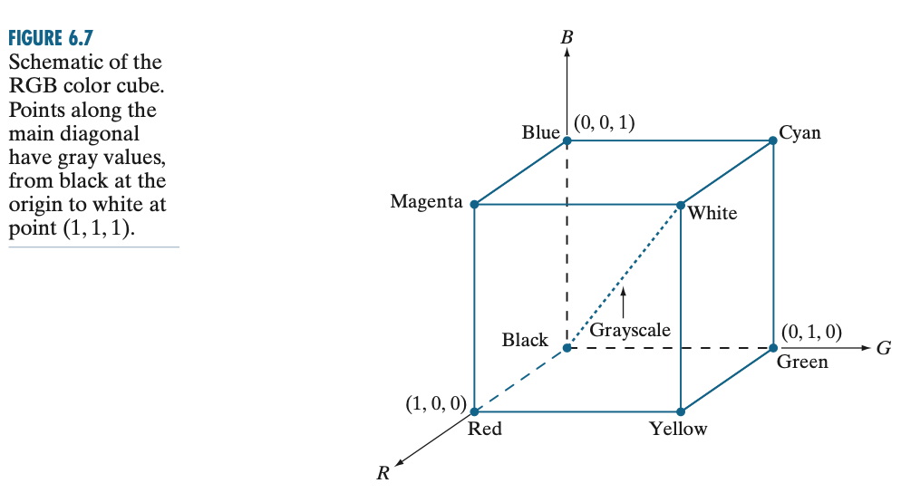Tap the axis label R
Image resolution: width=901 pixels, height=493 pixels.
[383, 471]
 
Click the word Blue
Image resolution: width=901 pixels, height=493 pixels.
[540, 132]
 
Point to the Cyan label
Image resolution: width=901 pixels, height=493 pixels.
[799, 132]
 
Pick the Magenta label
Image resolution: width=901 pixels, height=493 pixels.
[426, 200]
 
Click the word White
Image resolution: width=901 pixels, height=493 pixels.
[712, 214]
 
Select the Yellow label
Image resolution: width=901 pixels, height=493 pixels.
[678, 429]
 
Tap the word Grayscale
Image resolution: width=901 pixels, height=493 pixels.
[630, 330]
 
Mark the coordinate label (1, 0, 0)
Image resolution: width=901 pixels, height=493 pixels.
[435, 403]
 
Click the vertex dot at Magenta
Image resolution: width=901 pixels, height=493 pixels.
[475, 205]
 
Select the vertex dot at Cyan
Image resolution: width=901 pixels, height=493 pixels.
[773, 140]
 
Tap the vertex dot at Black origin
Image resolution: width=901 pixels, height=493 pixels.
[567, 347]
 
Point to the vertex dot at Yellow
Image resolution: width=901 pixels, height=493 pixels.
[680, 411]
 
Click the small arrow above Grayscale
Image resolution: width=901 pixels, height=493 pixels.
[624, 303]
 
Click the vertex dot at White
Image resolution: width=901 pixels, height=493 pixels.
[680, 205]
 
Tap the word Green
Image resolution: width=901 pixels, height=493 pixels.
[802, 362]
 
